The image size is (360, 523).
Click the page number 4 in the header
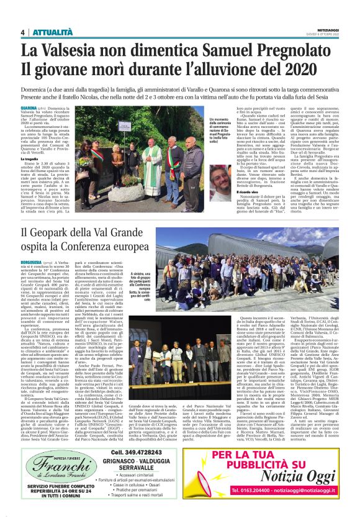click(22, 32)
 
